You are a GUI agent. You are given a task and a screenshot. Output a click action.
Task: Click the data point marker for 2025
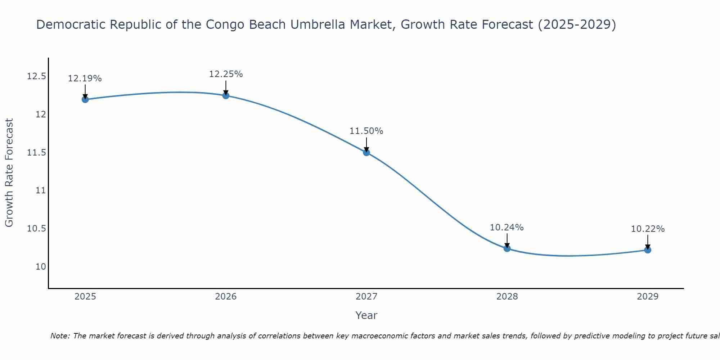(85, 99)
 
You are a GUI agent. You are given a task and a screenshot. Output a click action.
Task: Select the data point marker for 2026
(226, 95)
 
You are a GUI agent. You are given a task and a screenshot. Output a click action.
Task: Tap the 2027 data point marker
(366, 152)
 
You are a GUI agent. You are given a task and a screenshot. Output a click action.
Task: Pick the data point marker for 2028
(507, 248)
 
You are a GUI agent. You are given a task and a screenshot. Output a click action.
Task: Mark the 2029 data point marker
(648, 250)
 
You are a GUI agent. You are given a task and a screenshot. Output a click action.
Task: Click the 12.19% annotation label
(85, 78)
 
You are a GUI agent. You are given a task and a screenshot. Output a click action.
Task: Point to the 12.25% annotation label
(226, 74)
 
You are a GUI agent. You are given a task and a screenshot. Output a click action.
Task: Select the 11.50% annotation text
(366, 131)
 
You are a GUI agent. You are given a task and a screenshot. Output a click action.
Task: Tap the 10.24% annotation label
(507, 228)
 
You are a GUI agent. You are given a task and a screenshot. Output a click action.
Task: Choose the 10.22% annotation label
(648, 229)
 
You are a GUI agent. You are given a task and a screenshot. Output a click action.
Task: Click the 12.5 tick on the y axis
(36, 76)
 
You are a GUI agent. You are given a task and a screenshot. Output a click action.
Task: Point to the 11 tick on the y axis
(41, 190)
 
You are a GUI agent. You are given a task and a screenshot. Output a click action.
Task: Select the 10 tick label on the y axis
(41, 267)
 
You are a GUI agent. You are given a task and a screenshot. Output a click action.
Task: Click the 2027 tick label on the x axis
(366, 297)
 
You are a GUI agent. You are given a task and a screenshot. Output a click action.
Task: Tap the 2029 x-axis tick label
(648, 297)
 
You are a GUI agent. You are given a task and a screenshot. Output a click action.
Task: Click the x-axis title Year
(366, 315)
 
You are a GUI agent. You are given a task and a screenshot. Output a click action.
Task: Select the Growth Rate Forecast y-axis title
(9, 173)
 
